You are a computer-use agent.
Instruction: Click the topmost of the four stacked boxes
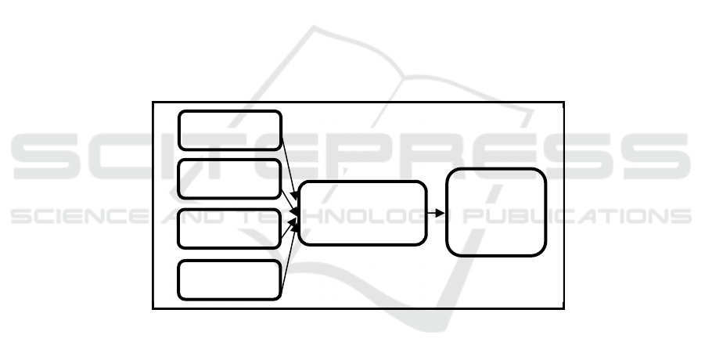[x=230, y=130]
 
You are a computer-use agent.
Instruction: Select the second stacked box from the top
[x=230, y=179]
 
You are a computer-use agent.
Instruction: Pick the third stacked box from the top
[x=229, y=229]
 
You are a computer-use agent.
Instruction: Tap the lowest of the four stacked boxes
[x=229, y=279]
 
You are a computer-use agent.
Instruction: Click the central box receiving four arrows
[x=362, y=213]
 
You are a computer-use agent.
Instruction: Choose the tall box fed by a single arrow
[x=496, y=212]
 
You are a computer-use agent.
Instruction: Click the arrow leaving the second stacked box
[x=289, y=202]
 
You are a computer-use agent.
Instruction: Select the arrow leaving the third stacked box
[x=289, y=229]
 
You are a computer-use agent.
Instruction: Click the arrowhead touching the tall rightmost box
[x=441, y=213]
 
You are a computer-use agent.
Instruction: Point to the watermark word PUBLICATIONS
[x=577, y=216]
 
